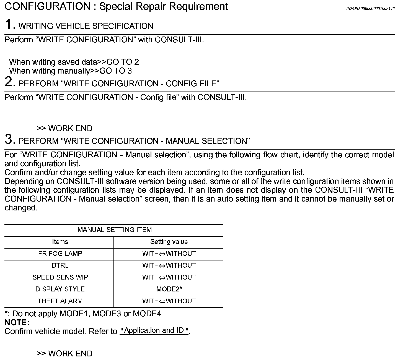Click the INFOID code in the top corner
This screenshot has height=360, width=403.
[370, 9]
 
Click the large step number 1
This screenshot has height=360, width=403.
[10, 24]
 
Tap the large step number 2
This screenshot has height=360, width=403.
[10, 82]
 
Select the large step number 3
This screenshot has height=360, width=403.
[10, 139]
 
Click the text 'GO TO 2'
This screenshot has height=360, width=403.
[123, 62]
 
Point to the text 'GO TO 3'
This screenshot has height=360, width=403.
[115, 71]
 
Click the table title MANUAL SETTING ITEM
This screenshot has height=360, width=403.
[115, 230]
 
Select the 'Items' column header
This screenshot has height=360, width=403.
[60, 242]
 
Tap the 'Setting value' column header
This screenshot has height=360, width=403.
[169, 242]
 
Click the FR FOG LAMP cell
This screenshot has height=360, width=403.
[60, 254]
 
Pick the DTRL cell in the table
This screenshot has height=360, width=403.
[60, 265]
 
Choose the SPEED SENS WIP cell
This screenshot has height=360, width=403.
[60, 277]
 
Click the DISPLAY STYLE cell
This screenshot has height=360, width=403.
[60, 289]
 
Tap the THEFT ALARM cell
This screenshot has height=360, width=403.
[60, 301]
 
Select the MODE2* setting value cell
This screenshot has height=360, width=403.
[169, 289]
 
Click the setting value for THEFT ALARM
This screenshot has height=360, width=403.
[169, 301]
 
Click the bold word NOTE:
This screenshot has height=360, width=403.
[17, 322]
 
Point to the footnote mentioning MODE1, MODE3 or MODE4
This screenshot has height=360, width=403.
[83, 314]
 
